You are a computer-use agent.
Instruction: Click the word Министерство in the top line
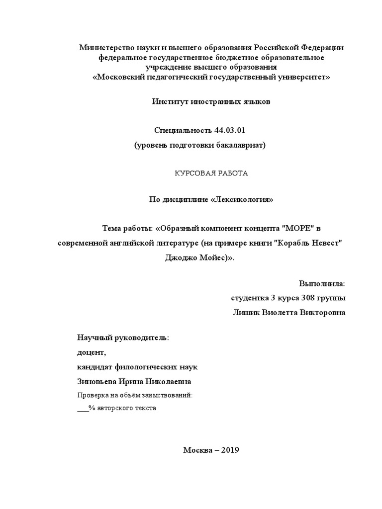pos(106,48)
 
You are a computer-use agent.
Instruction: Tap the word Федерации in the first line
pos(321,48)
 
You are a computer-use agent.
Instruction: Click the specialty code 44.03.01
pos(230,130)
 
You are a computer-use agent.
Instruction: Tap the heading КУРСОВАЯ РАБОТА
pos(210,173)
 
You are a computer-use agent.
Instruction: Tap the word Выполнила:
pos(321,283)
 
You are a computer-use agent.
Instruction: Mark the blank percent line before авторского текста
pos(83,408)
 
